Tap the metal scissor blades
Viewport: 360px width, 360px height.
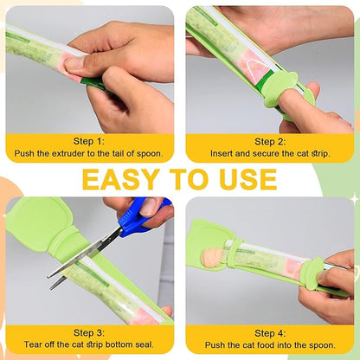click(84, 258)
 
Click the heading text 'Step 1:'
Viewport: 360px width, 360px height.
click(89, 141)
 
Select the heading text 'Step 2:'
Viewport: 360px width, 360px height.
click(270, 142)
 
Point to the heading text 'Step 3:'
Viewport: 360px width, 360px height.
click(89, 332)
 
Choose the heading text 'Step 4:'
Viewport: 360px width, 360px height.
click(270, 333)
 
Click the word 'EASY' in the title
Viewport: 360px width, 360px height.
click(121, 179)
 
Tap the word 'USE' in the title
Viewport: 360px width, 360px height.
click(248, 179)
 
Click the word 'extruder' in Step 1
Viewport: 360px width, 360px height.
click(71, 153)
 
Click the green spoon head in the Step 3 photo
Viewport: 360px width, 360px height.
click(41, 223)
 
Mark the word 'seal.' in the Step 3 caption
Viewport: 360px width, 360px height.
click(145, 344)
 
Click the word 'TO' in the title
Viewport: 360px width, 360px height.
click(190, 179)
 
